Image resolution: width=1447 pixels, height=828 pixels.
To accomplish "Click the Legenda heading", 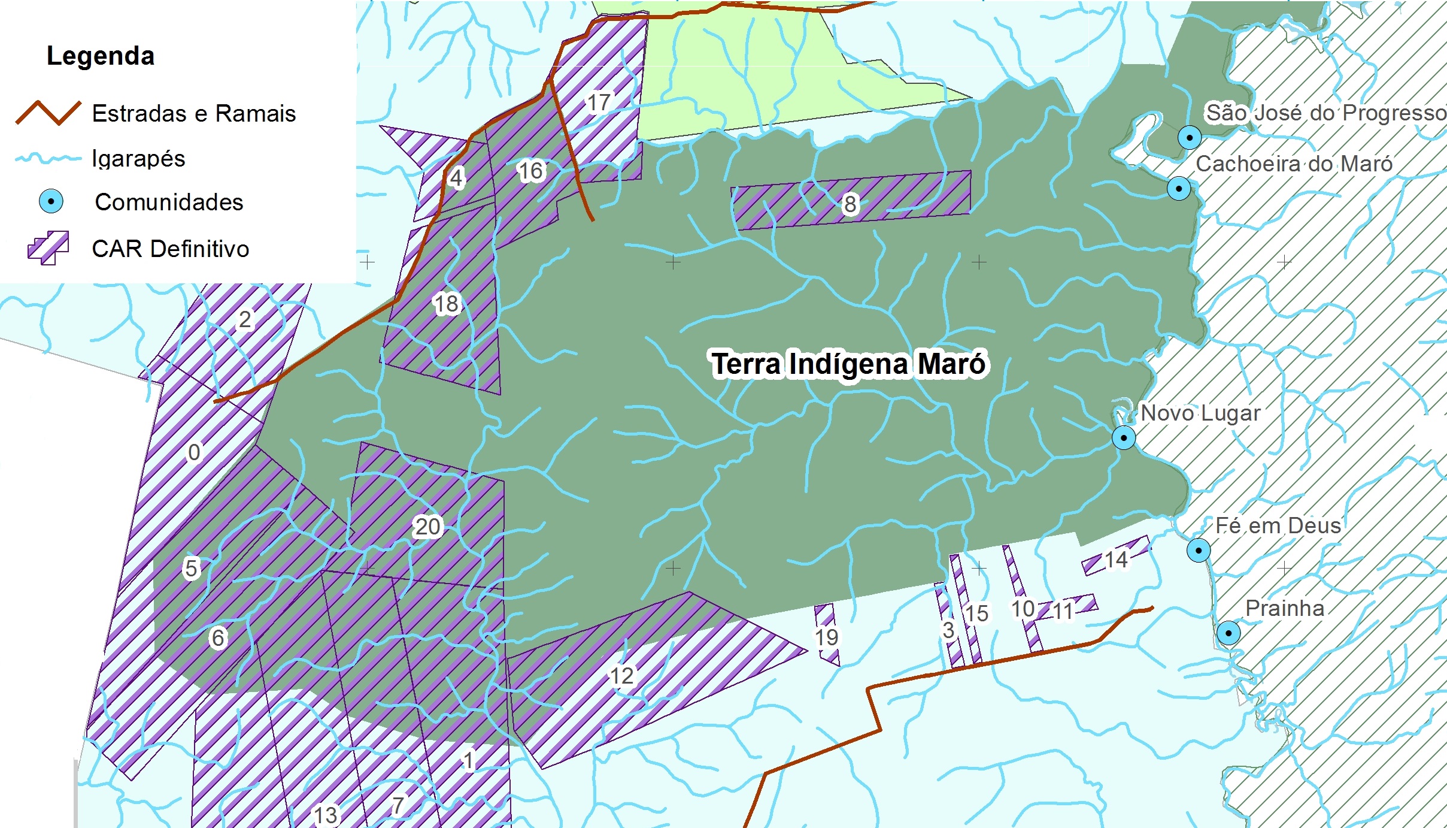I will click(101, 56).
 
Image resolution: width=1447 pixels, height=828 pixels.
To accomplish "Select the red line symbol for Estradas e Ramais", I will click(48, 113).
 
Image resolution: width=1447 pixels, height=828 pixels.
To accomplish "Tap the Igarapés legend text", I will click(138, 159).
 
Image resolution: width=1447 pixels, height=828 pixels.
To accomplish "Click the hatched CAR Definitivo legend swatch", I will click(48, 247).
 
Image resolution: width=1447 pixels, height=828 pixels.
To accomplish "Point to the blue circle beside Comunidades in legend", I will click(51, 201).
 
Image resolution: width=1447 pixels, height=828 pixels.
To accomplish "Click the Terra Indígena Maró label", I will click(848, 364).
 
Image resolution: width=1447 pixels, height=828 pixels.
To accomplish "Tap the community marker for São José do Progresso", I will click(1189, 137).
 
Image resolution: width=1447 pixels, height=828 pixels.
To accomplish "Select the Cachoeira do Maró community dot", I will click(1178, 189).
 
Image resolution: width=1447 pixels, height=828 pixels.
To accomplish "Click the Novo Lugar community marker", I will click(1123, 438).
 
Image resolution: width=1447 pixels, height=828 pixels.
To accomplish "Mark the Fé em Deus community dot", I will click(1198, 550).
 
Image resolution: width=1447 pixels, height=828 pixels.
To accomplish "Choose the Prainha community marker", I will click(1228, 633).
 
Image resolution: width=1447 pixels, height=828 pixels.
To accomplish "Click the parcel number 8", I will click(850, 204).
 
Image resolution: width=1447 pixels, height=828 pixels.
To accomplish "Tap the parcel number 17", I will click(598, 102).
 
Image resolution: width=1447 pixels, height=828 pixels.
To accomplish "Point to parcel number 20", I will click(427, 527).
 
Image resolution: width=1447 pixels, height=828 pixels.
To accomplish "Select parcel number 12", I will click(621, 676).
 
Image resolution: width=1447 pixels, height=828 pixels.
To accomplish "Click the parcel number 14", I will click(1116, 560).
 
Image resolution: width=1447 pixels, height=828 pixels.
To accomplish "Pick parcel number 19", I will click(826, 637).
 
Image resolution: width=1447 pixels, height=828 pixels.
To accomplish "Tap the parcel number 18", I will click(446, 304).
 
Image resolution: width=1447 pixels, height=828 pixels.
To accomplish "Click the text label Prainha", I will click(1285, 608).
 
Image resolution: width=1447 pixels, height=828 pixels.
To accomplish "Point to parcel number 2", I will click(245, 319).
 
